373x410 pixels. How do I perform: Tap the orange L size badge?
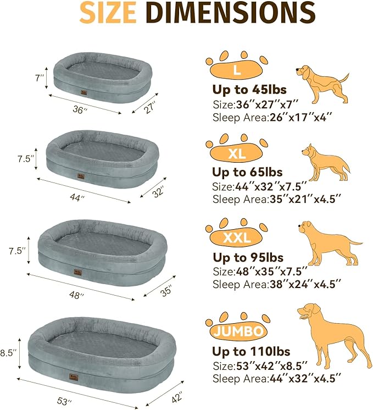click(x=236, y=70)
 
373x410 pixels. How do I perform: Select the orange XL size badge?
click(x=237, y=154)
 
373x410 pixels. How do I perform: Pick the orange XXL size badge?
click(x=237, y=237)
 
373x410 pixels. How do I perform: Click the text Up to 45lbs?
click(x=249, y=90)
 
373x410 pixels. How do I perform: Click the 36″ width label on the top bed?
click(x=81, y=110)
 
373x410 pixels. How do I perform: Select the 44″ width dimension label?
click(x=79, y=197)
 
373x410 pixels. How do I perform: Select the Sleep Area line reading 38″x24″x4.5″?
click(x=276, y=284)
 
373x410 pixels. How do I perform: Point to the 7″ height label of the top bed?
click(x=38, y=79)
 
